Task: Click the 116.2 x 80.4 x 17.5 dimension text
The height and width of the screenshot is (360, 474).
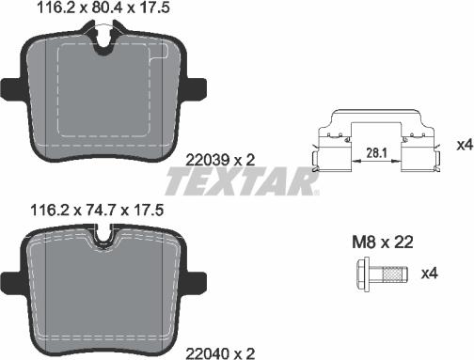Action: [x=103, y=8]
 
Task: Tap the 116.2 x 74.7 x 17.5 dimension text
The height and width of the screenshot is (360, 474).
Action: [x=97, y=211]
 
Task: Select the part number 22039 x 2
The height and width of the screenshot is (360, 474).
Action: [x=220, y=161]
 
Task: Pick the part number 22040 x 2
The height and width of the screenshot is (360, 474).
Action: [x=220, y=354]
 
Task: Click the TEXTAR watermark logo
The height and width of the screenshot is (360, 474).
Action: [x=242, y=181]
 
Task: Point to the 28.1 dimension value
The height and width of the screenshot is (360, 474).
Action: [x=376, y=153]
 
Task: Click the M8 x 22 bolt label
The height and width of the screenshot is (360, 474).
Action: [x=383, y=242]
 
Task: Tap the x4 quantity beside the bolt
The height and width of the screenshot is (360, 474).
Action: [x=429, y=274]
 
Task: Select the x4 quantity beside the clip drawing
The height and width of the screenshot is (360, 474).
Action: [x=465, y=145]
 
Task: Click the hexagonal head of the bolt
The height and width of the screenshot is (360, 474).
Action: [x=364, y=274]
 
